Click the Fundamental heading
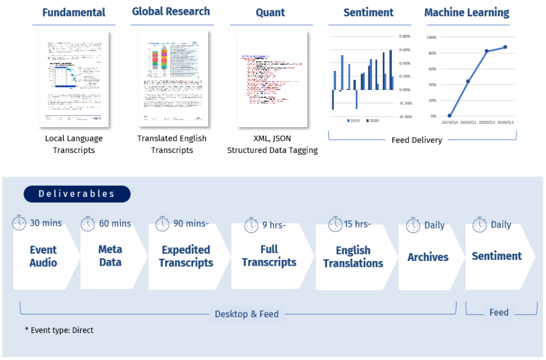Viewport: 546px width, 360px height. pyautogui.click(x=74, y=13)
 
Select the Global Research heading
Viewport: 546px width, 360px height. pyautogui.click(x=171, y=11)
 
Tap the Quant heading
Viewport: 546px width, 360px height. pyautogui.click(x=271, y=13)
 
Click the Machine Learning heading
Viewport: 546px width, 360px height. pyautogui.click(x=466, y=13)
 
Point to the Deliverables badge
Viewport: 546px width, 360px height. pyautogui.click(x=77, y=194)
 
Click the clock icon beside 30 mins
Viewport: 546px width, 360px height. pyautogui.click(x=20, y=223)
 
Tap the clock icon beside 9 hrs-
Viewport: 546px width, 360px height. pyautogui.click(x=251, y=226)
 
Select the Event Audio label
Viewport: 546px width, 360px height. pyautogui.click(x=43, y=256)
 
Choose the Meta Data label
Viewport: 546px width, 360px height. pyautogui.click(x=110, y=256)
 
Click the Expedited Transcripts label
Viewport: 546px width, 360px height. pyautogui.click(x=186, y=256)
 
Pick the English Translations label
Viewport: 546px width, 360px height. pyautogui.click(x=353, y=257)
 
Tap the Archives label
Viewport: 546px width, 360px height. pyautogui.click(x=428, y=257)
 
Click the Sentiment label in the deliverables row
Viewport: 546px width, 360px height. pyautogui.click(x=497, y=256)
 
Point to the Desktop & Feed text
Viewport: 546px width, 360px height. pyautogui.click(x=247, y=314)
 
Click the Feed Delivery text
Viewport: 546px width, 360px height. pyautogui.click(x=416, y=140)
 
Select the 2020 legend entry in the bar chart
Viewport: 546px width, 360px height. pyautogui.click(x=373, y=121)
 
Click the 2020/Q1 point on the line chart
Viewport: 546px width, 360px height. pyautogui.click(x=468, y=81)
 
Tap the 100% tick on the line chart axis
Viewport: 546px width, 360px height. pyautogui.click(x=431, y=37)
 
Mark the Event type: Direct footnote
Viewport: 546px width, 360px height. pyautogui.click(x=59, y=330)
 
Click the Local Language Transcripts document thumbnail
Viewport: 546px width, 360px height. pyautogui.click(x=74, y=79)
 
